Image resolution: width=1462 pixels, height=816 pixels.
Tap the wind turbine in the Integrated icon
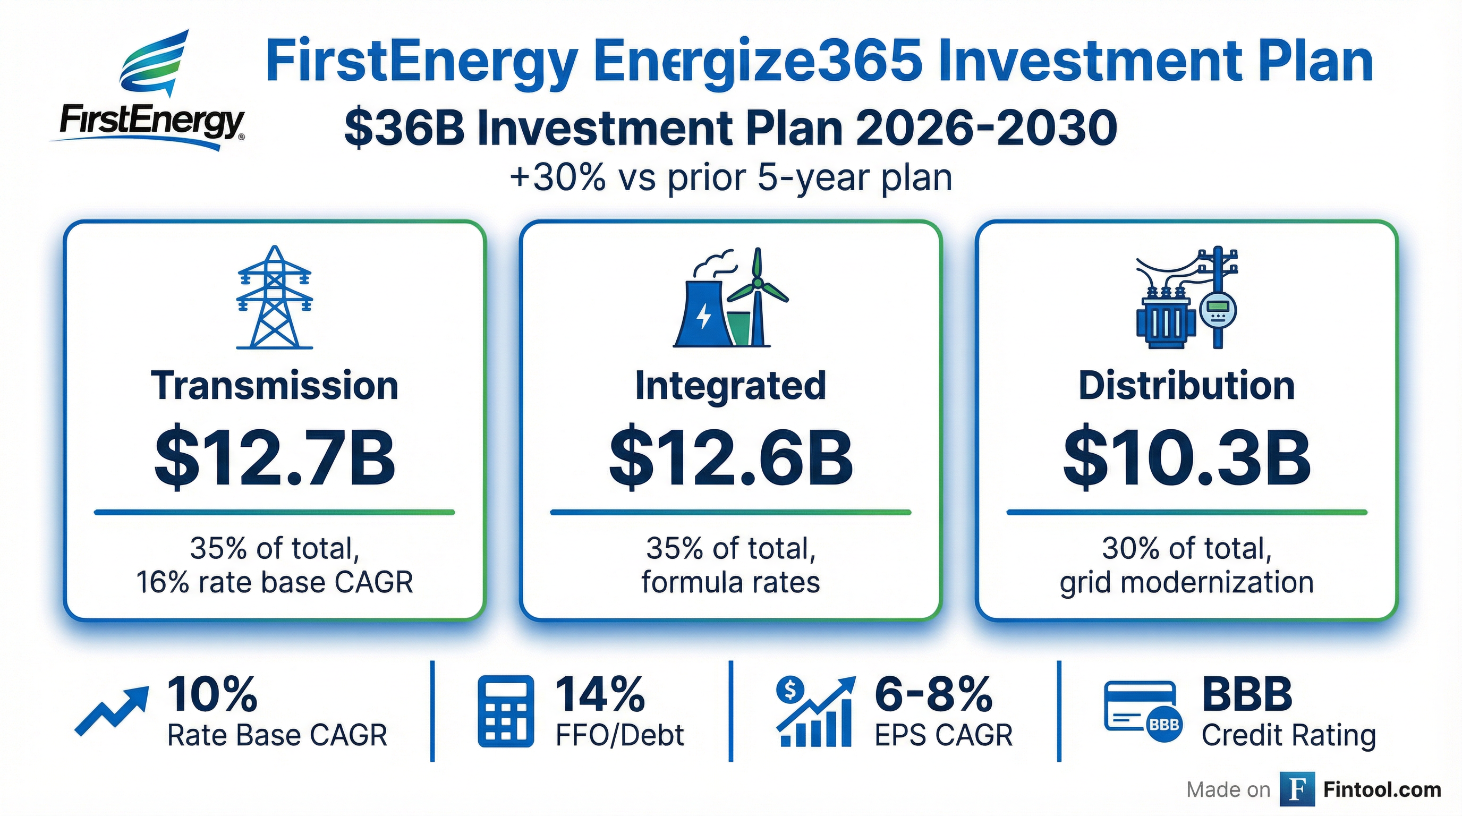(x=756, y=295)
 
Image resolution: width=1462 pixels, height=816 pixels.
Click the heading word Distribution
(x=1186, y=386)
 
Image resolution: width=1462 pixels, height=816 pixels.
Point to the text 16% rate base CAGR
(x=275, y=582)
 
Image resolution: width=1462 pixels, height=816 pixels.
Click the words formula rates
(x=730, y=582)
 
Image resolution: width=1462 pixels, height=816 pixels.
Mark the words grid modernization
(x=1186, y=582)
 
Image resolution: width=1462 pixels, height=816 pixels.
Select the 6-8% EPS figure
(x=933, y=694)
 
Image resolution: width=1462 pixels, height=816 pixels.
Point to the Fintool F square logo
(x=1297, y=789)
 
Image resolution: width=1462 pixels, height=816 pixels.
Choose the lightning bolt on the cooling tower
(x=703, y=317)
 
